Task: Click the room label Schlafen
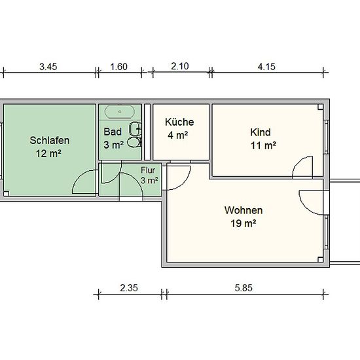point(50,141)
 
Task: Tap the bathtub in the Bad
point(120,112)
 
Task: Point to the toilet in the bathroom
point(133,142)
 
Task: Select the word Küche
point(179,122)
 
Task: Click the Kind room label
point(261,132)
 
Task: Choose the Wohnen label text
point(243,210)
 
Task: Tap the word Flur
point(148,170)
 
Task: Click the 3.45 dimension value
point(48,67)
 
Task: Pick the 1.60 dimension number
point(118,67)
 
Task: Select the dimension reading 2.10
point(180,66)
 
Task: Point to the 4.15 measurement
point(266,67)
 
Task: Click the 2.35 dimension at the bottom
point(129,288)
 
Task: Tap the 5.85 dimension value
point(243,288)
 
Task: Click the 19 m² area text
point(243,223)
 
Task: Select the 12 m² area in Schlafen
point(48,154)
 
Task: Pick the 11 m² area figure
point(263,145)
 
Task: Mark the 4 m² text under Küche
point(177,135)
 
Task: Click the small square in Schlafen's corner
point(6,194)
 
